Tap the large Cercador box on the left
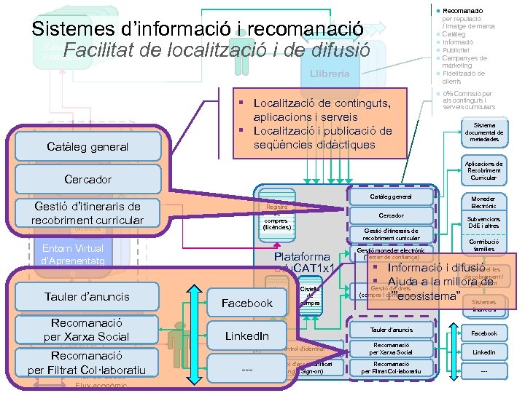pos(88,179)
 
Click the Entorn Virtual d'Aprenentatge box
pos(73,255)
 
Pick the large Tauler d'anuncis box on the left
pos(87,296)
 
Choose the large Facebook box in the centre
pos(247,303)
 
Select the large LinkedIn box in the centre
pos(246,336)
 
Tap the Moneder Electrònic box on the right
pos(483,202)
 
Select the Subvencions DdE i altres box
pos(483,222)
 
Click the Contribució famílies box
pos(483,245)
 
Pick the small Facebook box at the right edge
pos(483,333)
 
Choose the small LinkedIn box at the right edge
pos(483,352)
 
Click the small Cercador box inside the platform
pos(391,215)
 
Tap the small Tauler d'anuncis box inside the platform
pos(391,330)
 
